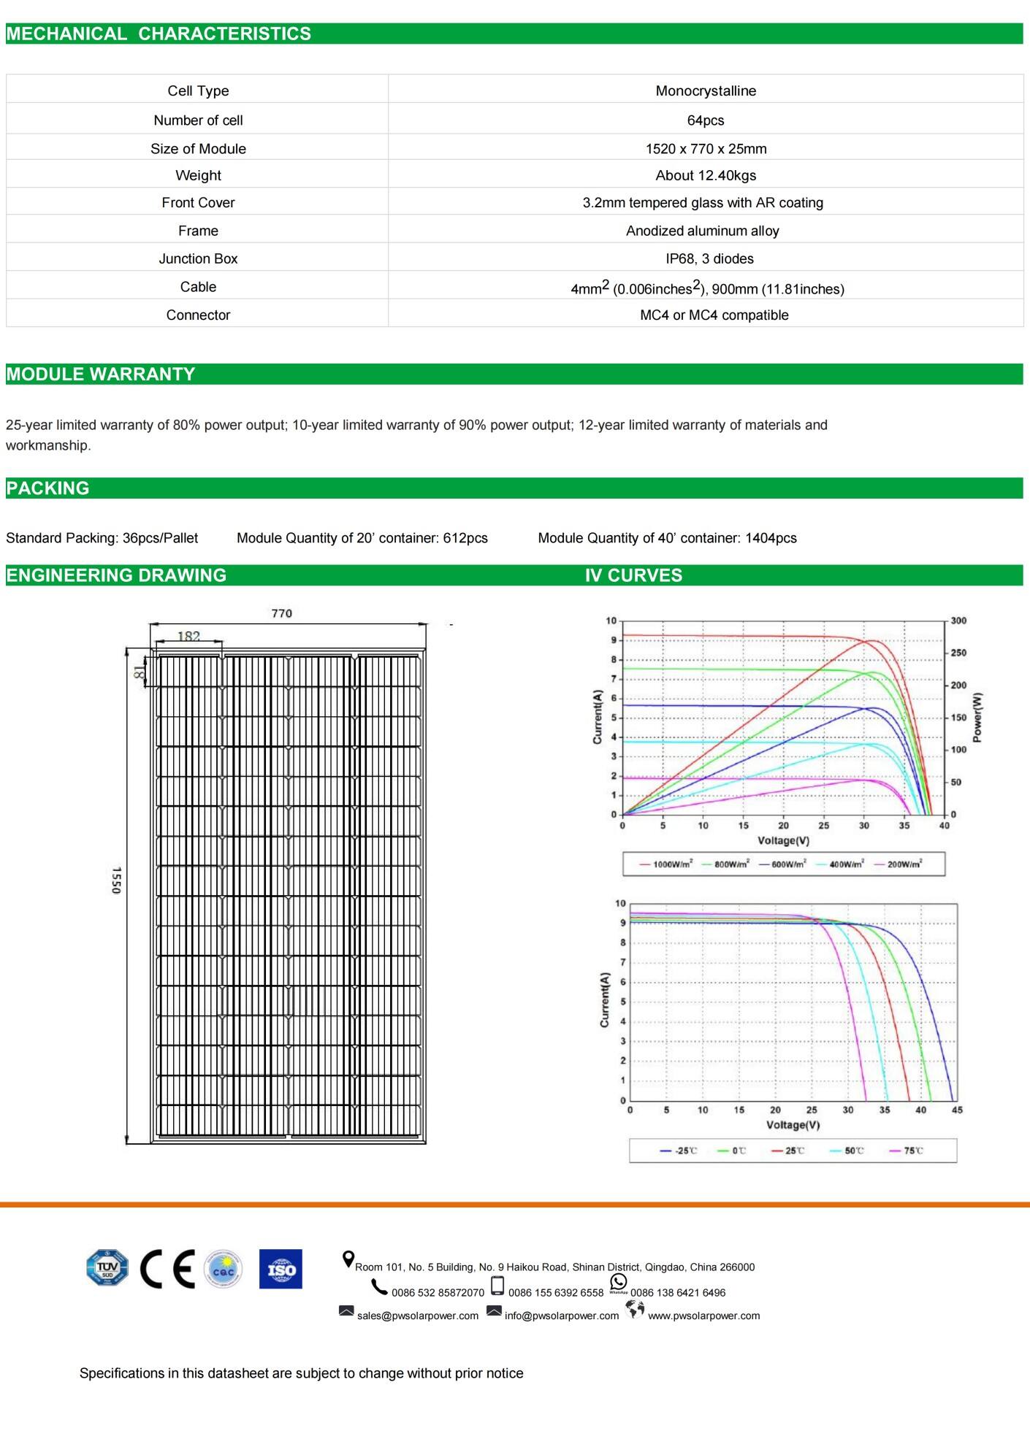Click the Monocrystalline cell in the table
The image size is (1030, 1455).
(706, 91)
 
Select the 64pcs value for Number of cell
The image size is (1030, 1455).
(706, 120)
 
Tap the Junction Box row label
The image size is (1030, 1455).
(198, 258)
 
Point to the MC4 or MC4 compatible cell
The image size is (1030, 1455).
(714, 315)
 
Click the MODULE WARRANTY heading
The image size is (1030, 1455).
(101, 374)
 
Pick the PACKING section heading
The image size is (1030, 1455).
(47, 488)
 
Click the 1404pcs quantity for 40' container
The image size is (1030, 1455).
(771, 538)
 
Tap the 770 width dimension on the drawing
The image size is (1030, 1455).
(281, 613)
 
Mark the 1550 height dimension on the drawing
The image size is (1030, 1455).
(116, 880)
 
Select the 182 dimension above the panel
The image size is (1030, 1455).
(188, 636)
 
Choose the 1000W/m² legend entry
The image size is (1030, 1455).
(666, 864)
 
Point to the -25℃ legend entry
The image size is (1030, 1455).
(679, 1151)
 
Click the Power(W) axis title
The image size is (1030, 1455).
(978, 717)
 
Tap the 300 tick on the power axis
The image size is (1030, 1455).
(958, 621)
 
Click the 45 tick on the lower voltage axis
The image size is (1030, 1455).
(957, 1110)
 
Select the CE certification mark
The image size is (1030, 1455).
(167, 1269)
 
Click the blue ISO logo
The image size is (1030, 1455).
(281, 1269)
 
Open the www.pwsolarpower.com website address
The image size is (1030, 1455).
(703, 1316)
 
